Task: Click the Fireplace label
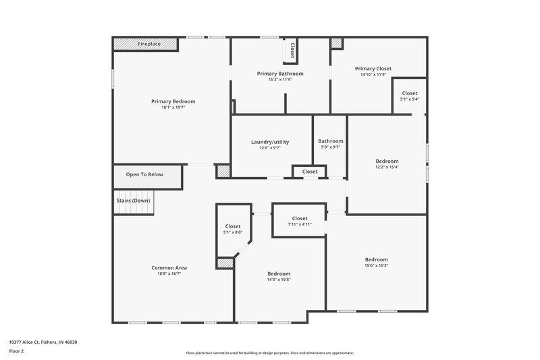tap(149, 44)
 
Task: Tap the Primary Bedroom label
tap(173, 101)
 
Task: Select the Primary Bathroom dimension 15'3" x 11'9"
tap(279, 80)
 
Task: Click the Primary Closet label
tap(373, 68)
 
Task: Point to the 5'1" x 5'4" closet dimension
tap(410, 99)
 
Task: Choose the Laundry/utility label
tap(270, 142)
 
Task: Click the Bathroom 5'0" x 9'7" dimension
tap(331, 147)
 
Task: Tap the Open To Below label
tap(144, 175)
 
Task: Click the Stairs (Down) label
tap(132, 201)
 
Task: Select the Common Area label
tap(169, 267)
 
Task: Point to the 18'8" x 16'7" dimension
tap(169, 274)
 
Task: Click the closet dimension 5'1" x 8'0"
tap(233, 232)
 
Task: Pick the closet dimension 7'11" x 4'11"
tap(300, 224)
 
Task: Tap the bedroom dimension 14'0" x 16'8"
tap(279, 280)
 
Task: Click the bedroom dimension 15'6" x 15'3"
tap(377, 265)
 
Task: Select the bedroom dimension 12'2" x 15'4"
tap(387, 167)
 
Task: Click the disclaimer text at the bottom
tap(269, 353)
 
